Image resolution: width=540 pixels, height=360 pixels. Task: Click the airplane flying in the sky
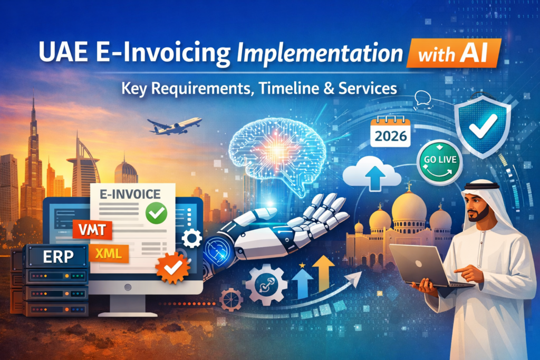(x=174, y=126)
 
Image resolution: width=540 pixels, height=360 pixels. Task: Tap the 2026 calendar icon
(x=391, y=132)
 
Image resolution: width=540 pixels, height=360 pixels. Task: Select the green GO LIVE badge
(x=440, y=162)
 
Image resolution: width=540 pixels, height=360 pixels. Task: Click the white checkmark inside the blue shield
(x=483, y=126)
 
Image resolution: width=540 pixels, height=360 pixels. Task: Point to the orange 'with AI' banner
(x=454, y=53)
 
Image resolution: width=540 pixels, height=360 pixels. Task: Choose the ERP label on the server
(x=58, y=256)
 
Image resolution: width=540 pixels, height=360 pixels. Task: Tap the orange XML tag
(x=109, y=254)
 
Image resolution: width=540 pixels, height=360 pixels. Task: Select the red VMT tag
(x=92, y=230)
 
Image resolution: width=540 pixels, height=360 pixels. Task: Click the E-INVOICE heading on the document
(x=130, y=194)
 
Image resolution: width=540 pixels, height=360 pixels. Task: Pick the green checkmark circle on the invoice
(x=156, y=213)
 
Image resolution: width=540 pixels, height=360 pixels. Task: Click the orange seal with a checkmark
(x=172, y=268)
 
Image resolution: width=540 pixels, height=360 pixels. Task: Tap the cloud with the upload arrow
(x=372, y=174)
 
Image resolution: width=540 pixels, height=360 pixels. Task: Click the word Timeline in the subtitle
(x=288, y=89)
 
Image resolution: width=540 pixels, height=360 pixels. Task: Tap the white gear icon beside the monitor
(x=191, y=239)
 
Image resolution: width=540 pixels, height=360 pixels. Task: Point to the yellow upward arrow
(x=323, y=273)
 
